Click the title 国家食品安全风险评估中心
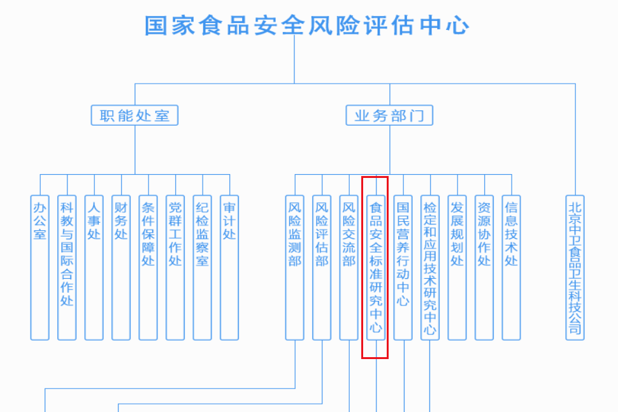click(307, 26)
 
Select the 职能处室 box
click(134, 115)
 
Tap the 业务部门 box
click(389, 115)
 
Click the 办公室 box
click(40, 267)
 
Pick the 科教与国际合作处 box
click(67, 267)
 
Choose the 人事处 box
click(94, 267)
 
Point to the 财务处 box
click(121, 267)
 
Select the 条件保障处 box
click(148, 267)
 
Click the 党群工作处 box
click(175, 267)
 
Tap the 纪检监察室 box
click(203, 267)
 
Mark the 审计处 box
click(229, 267)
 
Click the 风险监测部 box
click(295, 267)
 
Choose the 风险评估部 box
click(322, 267)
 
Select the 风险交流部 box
click(349, 267)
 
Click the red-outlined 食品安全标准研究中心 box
click(376, 267)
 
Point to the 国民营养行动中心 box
click(403, 267)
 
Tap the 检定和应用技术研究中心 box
click(430, 267)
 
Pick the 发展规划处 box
click(457, 267)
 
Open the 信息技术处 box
click(512, 267)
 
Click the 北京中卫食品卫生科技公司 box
click(575, 267)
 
